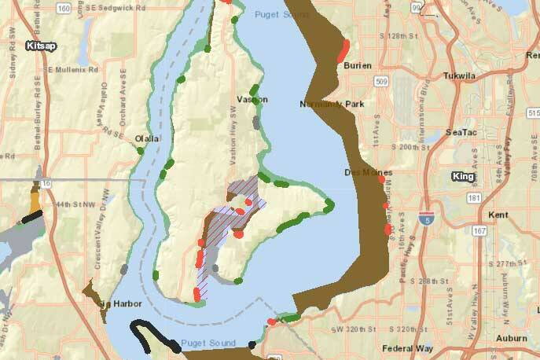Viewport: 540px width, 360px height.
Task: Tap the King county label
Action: coord(463,176)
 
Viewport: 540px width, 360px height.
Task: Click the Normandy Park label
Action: coord(332,104)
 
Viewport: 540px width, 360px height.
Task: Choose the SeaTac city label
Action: coord(459,132)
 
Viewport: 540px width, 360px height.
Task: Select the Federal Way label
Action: coord(403,348)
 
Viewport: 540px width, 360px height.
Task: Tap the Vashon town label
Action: coord(253,100)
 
